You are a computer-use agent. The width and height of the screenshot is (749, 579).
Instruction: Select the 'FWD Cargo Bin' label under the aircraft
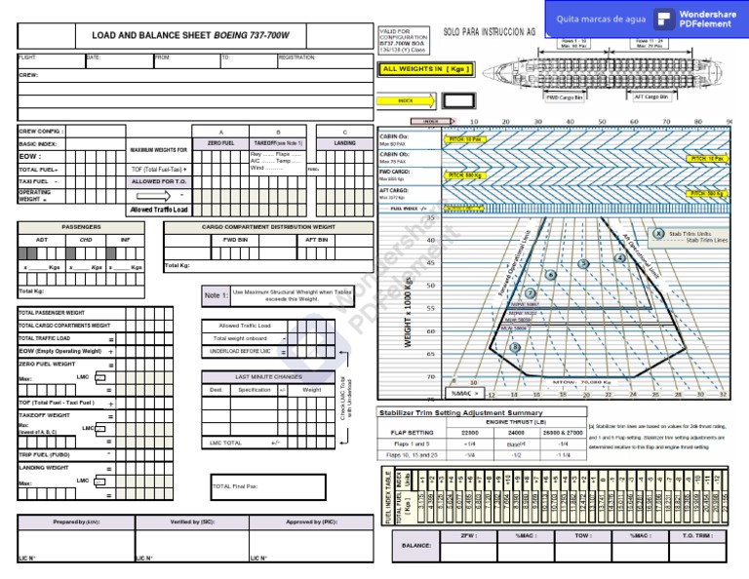pos(565,97)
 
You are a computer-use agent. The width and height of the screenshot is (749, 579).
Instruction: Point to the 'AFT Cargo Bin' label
pos(652,97)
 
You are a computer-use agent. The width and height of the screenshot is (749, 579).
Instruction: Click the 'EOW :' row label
pos(30,156)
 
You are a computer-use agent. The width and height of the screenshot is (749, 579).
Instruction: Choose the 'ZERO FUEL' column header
pos(221,143)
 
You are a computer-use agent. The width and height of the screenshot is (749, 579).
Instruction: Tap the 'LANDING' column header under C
pos(344,143)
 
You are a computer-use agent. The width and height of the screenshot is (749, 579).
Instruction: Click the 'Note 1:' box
pos(216,295)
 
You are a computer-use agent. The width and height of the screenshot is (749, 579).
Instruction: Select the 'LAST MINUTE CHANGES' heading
pos(268,375)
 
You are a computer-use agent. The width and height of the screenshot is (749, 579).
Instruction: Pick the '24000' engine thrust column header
pos(517,432)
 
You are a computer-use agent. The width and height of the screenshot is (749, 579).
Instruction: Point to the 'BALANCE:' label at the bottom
pos(416,546)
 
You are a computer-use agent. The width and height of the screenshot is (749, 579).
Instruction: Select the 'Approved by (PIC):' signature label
pos(312,522)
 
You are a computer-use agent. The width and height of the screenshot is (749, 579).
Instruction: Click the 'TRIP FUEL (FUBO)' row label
pos(44,454)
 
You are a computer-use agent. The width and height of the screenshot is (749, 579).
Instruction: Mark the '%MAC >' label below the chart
pos(464,394)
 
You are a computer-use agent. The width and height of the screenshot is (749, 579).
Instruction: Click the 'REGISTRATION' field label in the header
pos(296,58)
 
